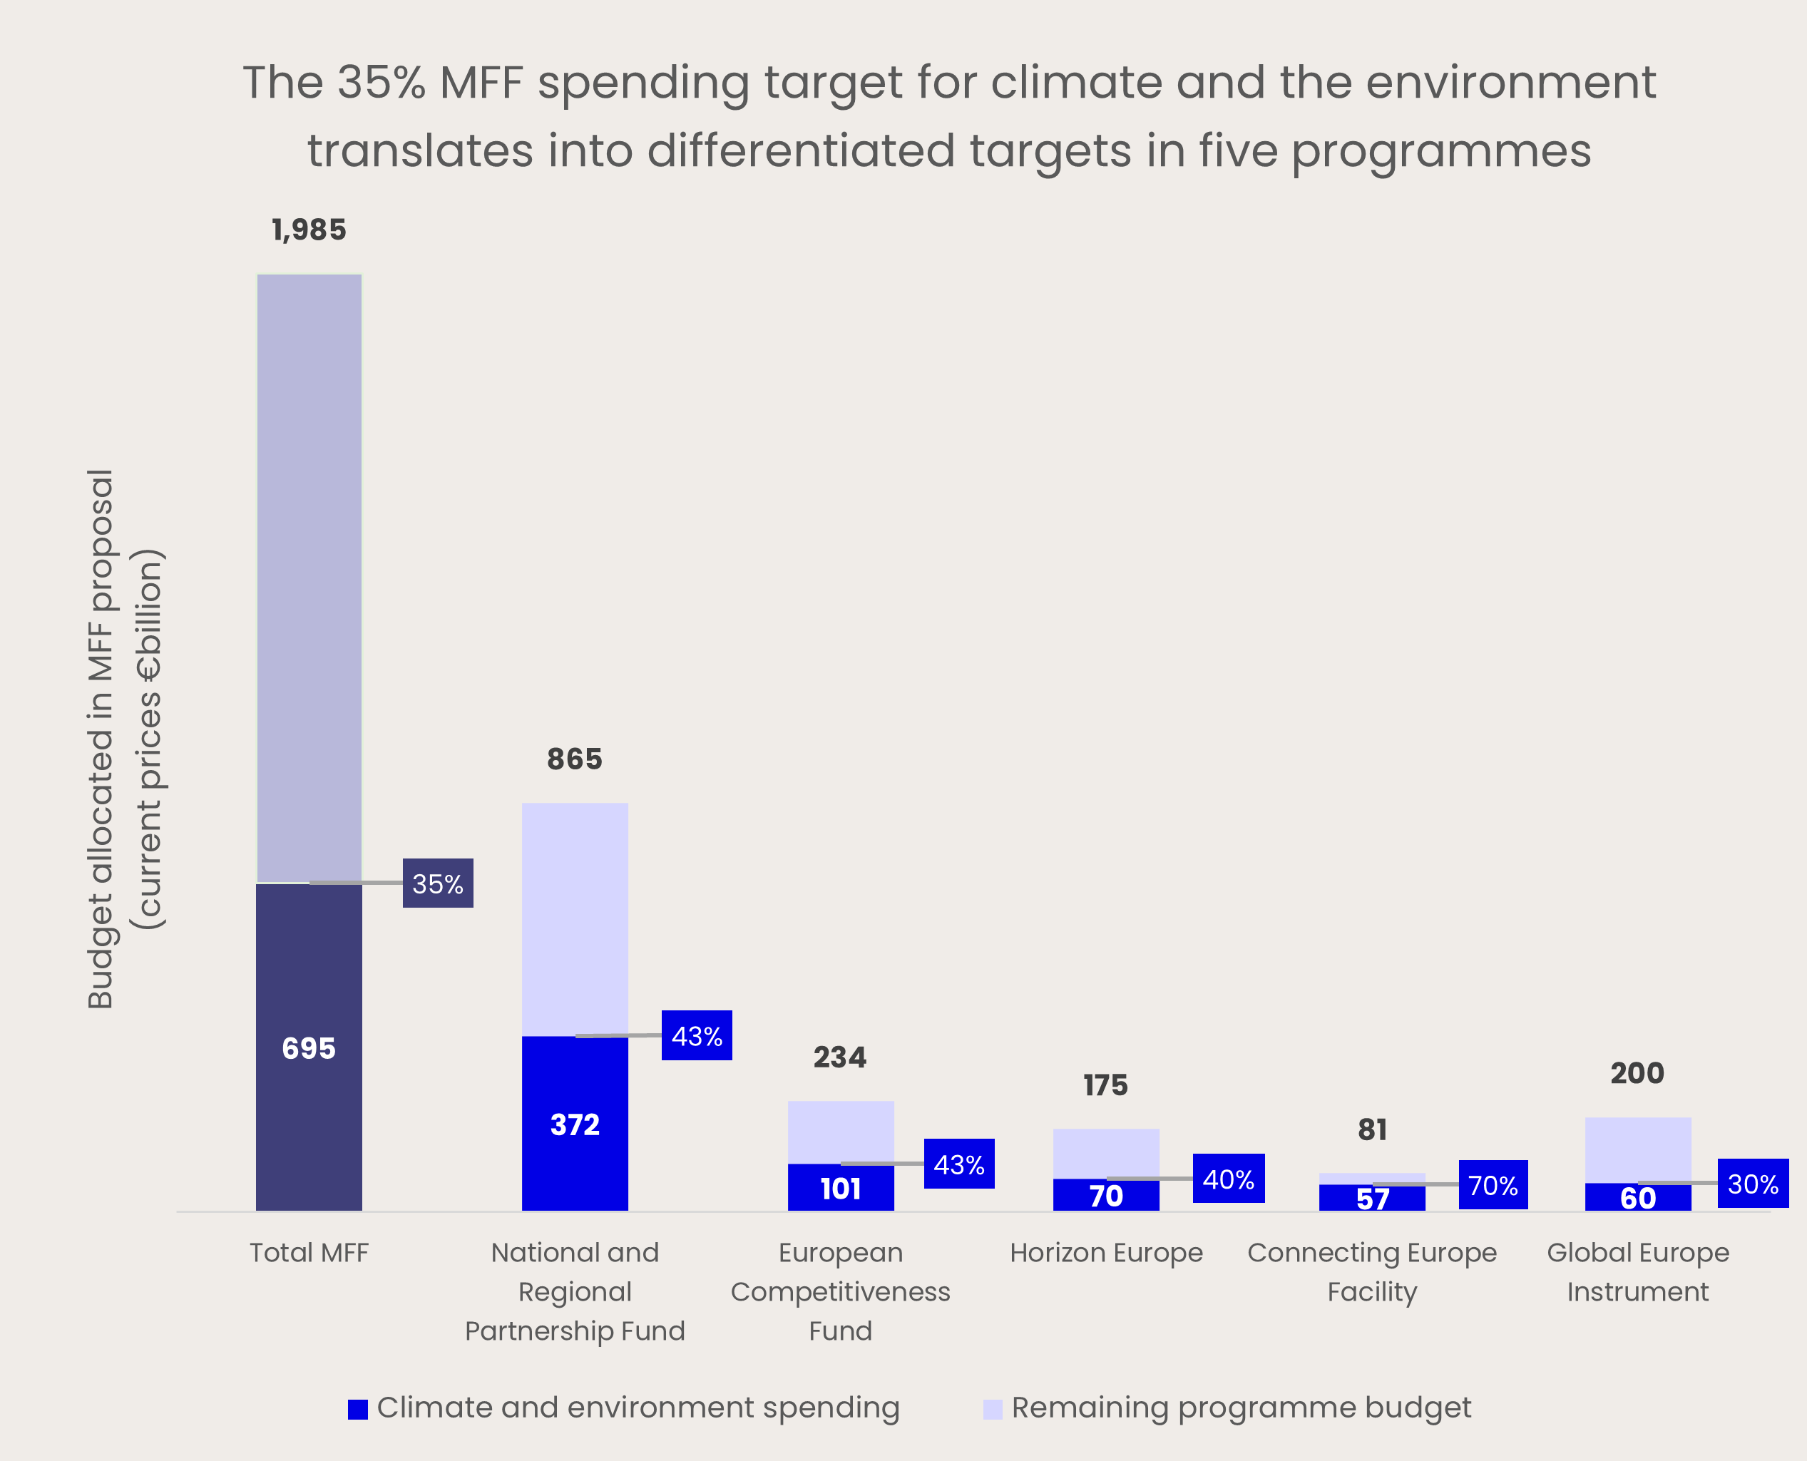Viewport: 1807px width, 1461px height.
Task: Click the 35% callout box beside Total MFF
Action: (438, 883)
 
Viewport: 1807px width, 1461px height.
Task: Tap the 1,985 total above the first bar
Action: (309, 230)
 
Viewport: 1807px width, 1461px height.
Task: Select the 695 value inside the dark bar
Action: (309, 1047)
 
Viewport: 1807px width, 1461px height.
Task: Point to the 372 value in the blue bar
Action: (575, 1124)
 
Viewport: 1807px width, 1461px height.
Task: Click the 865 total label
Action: (575, 759)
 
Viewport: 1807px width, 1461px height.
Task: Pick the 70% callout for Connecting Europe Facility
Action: (1493, 1185)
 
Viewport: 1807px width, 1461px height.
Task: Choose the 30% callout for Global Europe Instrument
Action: (1753, 1184)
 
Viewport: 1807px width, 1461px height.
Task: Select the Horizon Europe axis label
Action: (1106, 1252)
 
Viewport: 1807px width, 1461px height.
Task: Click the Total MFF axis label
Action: (309, 1252)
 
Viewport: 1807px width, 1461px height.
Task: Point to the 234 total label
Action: (840, 1057)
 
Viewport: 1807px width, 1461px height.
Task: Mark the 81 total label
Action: (1372, 1129)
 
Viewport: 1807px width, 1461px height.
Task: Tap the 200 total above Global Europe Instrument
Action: (1637, 1073)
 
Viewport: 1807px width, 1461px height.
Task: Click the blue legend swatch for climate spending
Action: (358, 1409)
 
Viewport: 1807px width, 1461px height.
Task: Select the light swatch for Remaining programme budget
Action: (993, 1409)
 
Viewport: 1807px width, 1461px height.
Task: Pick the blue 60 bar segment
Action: (1638, 1196)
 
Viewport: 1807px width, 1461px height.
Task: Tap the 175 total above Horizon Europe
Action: (1106, 1086)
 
